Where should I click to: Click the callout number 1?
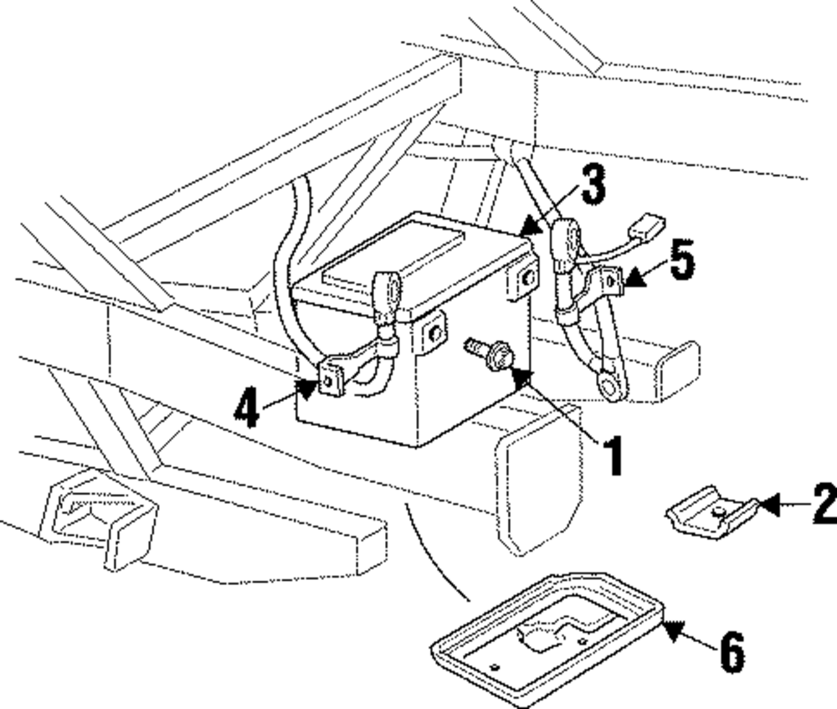pos(614,455)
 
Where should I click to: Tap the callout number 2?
pos(824,502)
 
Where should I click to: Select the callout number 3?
pos(593,183)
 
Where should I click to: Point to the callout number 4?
pos(247,408)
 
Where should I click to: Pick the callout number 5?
pos(682,259)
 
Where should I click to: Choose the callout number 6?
pos(732,652)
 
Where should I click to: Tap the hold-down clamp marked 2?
pos(711,511)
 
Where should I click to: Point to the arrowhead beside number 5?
pos(634,278)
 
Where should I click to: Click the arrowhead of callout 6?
pos(674,630)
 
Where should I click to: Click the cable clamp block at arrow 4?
pos(332,378)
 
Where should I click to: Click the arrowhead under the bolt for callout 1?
pos(521,377)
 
